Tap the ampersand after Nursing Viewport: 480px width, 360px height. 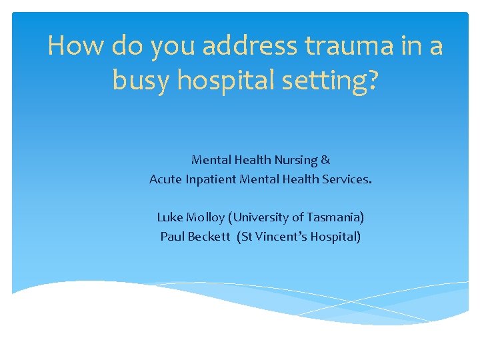(x=325, y=160)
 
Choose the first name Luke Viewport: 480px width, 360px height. (x=169, y=217)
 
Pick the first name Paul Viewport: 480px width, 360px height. (x=172, y=236)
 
